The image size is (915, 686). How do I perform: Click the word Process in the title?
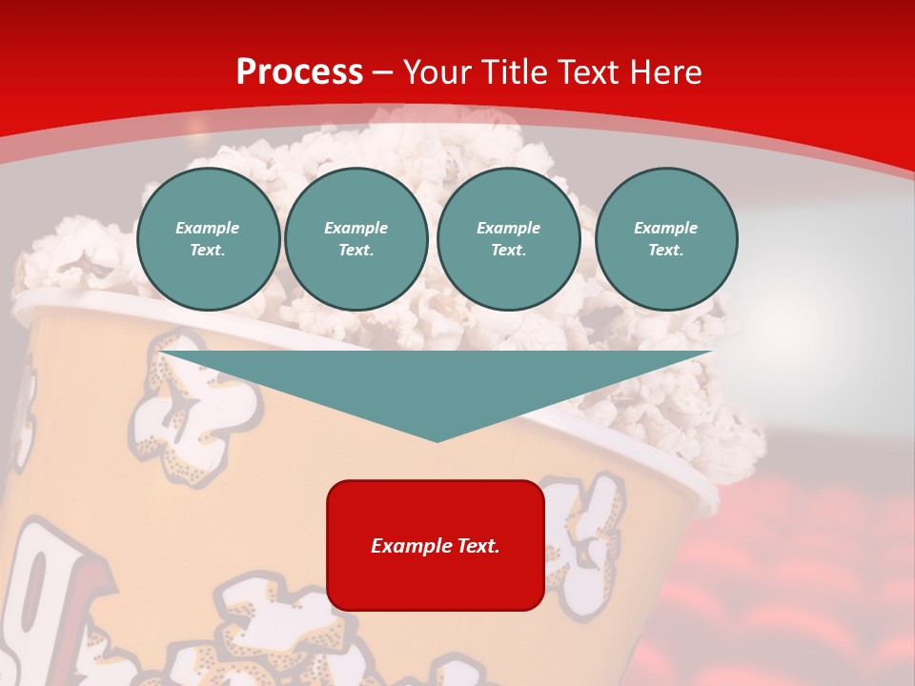coord(299,72)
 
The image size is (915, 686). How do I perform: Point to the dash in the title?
coord(382,73)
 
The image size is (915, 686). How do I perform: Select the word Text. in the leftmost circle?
coord(208,251)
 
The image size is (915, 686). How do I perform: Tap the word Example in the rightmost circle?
coord(665,228)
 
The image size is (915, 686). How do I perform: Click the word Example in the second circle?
coord(356,228)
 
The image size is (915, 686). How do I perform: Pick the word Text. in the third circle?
coord(508,251)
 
